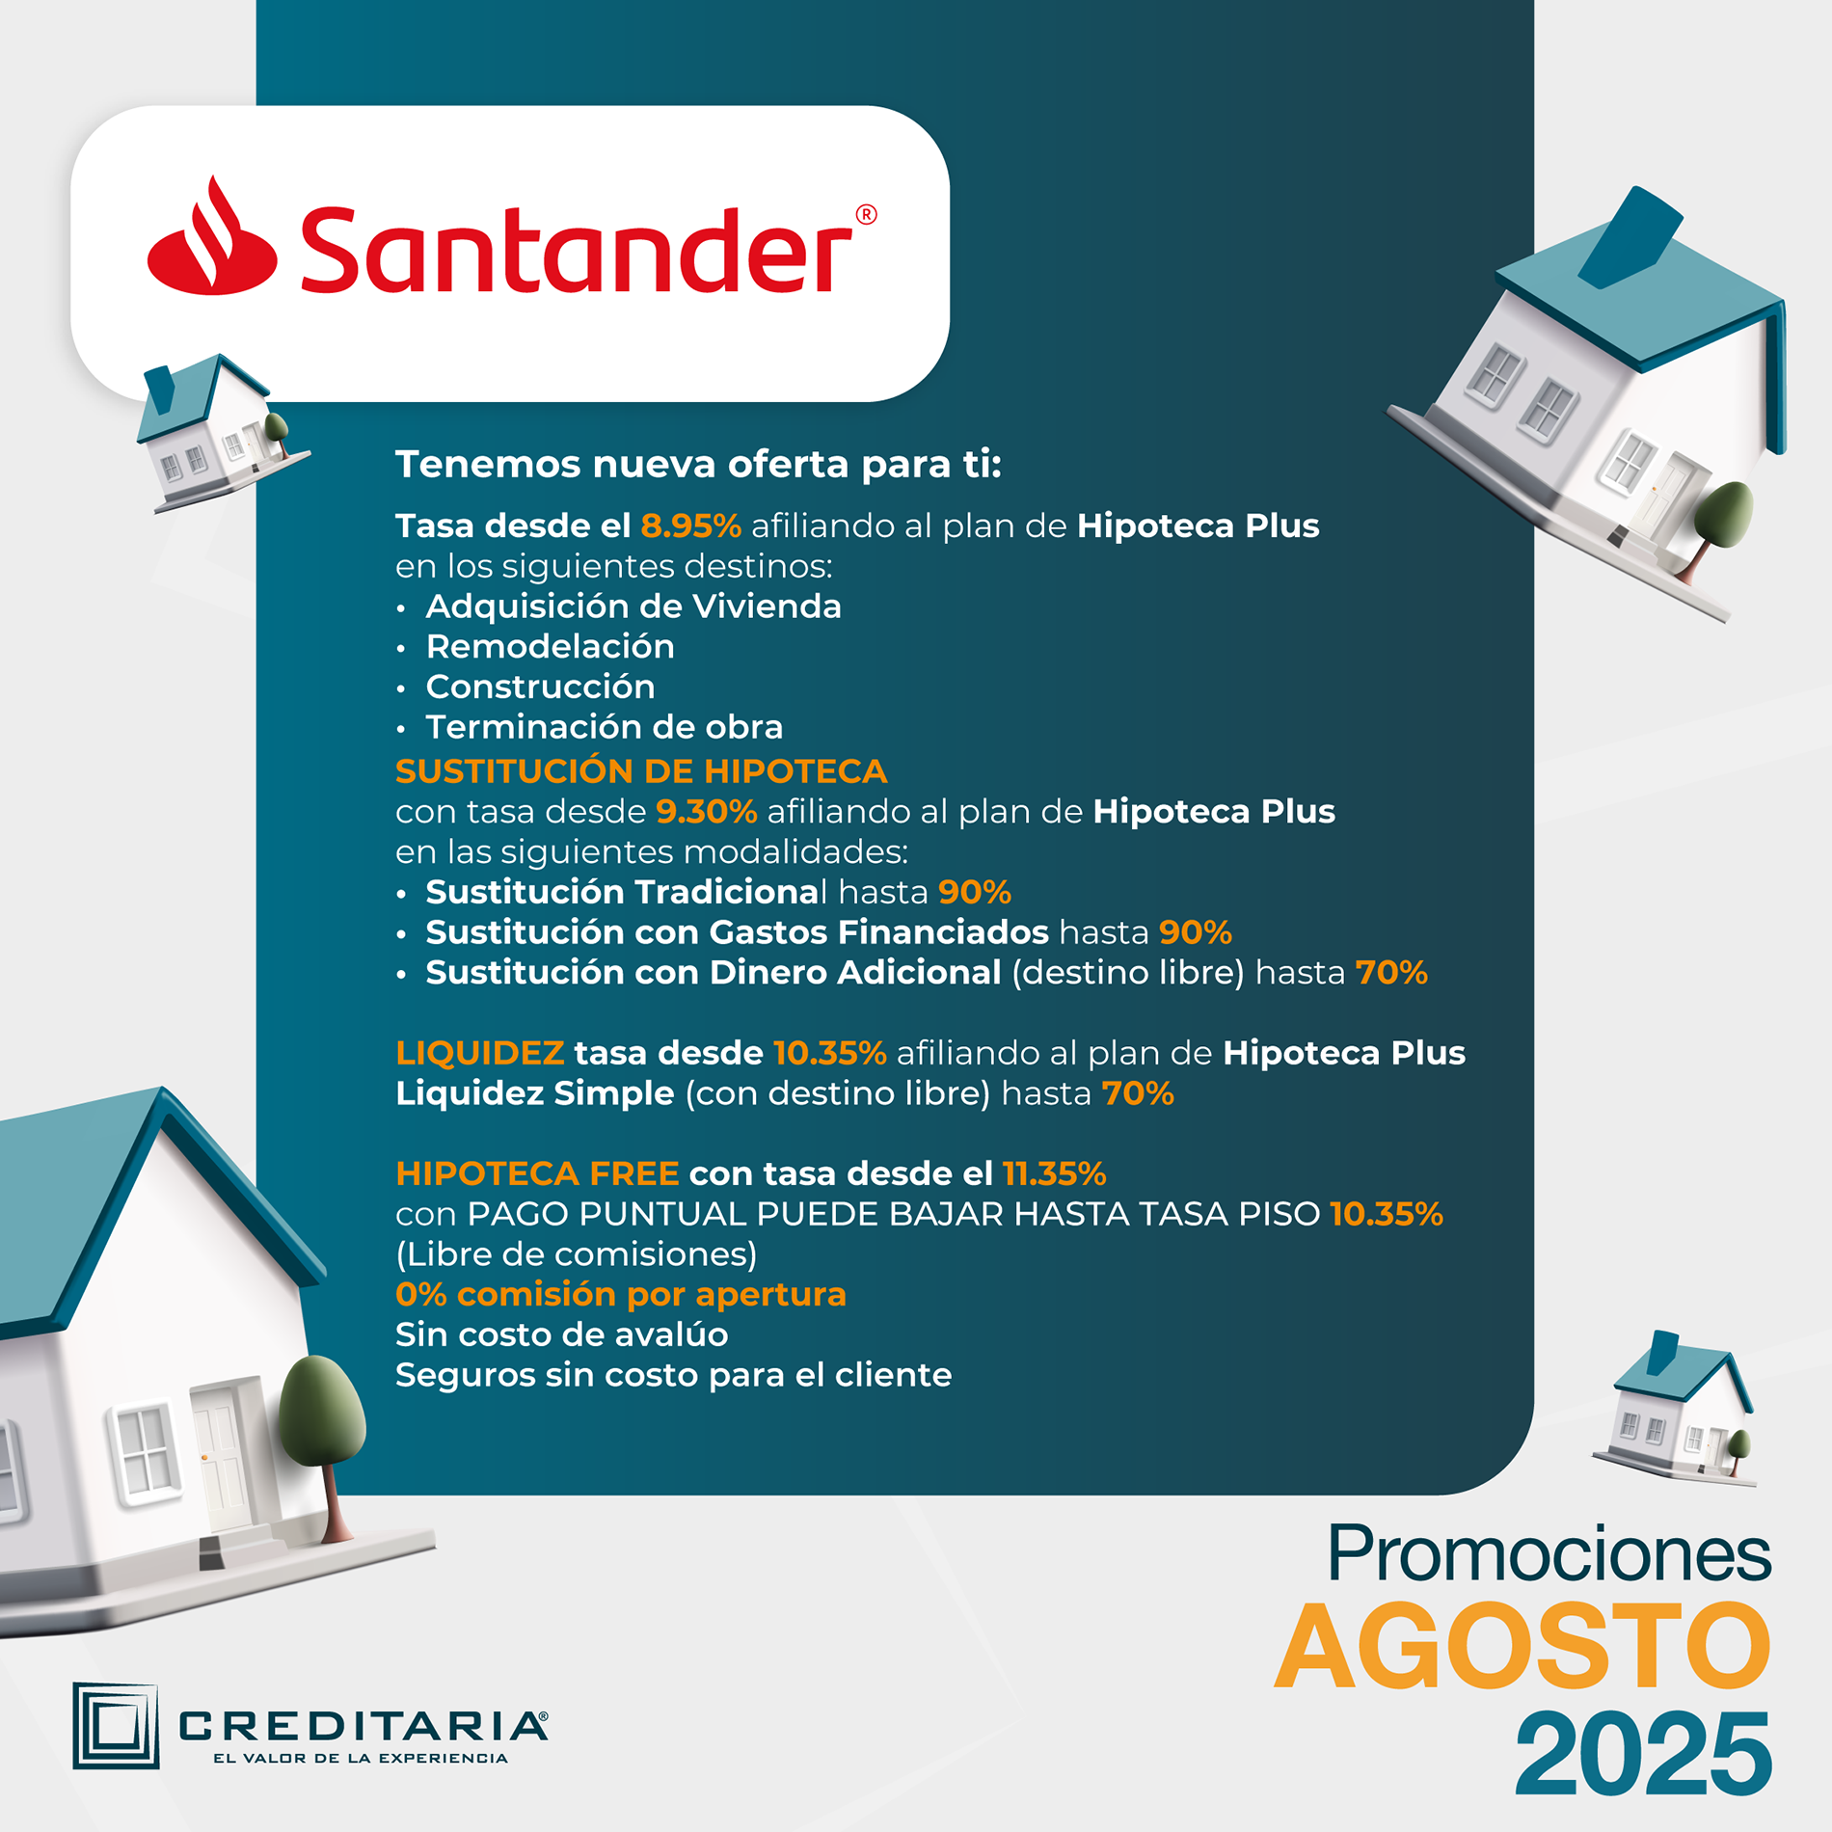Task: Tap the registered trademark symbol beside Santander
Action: [866, 214]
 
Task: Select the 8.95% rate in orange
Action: [690, 525]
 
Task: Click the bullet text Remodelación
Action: [550, 646]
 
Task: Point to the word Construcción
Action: [540, 687]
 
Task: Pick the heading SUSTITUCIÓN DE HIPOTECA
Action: [641, 771]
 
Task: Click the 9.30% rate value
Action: [707, 812]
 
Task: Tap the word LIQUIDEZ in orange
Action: [479, 1053]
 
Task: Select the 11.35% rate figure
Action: [1055, 1173]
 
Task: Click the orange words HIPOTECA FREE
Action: [537, 1173]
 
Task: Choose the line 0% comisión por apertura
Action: [621, 1294]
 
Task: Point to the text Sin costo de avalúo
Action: [562, 1334]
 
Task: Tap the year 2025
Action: [1643, 1754]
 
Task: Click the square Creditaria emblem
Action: [116, 1726]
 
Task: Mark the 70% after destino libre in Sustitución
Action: [1391, 973]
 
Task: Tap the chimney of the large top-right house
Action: [1630, 238]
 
